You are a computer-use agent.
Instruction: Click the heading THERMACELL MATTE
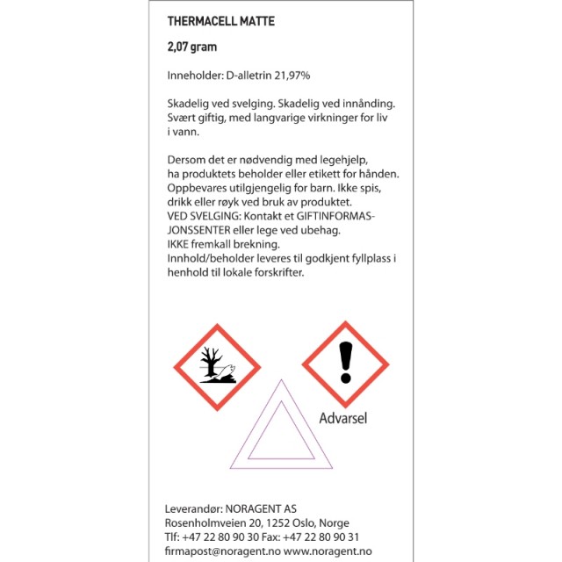click(x=220, y=21)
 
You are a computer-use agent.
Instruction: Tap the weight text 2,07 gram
click(x=191, y=47)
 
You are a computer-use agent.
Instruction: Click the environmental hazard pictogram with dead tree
click(x=217, y=366)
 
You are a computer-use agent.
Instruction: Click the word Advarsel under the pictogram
click(x=342, y=418)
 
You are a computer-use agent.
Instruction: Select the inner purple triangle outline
click(x=281, y=436)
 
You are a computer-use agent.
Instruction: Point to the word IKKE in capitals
click(x=179, y=244)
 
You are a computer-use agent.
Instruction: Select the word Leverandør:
click(x=195, y=508)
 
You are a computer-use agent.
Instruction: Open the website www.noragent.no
click(x=328, y=551)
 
